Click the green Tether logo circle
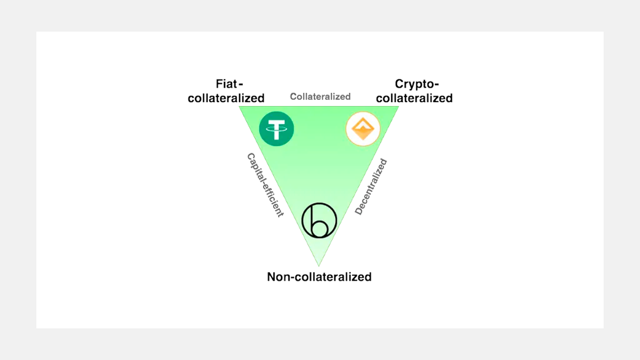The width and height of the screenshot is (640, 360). click(276, 129)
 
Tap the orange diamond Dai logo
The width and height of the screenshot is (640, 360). click(363, 129)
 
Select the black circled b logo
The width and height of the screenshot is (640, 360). click(319, 220)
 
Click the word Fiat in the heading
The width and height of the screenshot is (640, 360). click(226, 84)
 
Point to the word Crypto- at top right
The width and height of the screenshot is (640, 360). click(417, 84)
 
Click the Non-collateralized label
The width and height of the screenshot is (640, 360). click(319, 277)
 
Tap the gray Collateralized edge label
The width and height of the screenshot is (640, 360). click(320, 97)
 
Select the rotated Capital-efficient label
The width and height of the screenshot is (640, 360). click(265, 185)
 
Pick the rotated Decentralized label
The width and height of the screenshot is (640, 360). click(371, 187)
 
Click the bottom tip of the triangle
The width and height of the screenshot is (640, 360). click(319, 265)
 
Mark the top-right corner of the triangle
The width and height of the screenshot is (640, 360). click(398, 107)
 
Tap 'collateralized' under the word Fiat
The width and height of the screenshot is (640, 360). click(226, 98)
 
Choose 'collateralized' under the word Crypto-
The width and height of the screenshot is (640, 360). click(414, 98)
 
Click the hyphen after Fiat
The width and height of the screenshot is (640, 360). click(241, 85)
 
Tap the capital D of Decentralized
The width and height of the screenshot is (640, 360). click(359, 211)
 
